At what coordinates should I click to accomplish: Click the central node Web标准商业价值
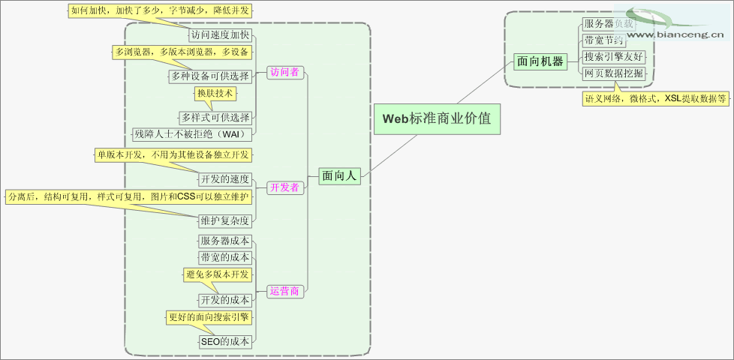click(x=437, y=118)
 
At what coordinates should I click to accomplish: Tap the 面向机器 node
click(x=540, y=61)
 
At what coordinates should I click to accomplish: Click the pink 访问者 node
click(x=284, y=72)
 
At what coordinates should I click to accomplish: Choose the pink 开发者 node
click(x=284, y=187)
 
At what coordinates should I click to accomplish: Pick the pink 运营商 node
click(x=284, y=291)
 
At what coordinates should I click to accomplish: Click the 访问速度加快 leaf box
click(x=219, y=34)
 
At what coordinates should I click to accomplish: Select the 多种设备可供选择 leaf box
click(x=210, y=76)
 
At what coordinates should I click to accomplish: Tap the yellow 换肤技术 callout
click(x=215, y=94)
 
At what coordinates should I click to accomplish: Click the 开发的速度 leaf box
click(x=224, y=179)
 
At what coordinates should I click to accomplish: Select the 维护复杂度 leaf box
click(x=224, y=220)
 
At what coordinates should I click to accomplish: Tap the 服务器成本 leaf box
click(x=224, y=241)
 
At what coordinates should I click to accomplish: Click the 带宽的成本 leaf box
click(x=224, y=257)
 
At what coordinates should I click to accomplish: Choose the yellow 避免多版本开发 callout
click(x=218, y=275)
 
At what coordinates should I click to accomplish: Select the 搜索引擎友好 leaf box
click(x=613, y=56)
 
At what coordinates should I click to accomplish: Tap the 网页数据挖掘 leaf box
click(x=613, y=73)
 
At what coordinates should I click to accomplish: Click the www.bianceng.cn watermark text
click(x=675, y=34)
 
